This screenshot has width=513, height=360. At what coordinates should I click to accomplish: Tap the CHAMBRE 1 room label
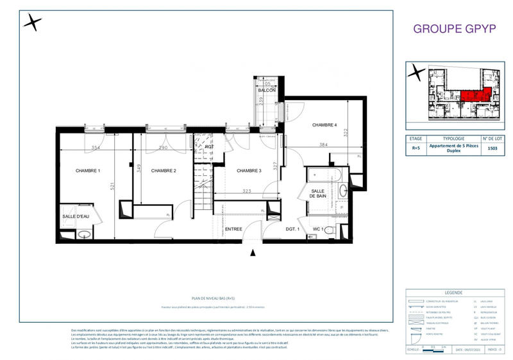point(88,170)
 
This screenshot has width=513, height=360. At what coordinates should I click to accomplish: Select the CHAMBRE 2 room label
point(164,170)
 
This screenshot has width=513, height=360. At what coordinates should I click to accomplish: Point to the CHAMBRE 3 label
point(249,170)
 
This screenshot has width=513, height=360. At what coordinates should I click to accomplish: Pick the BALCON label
point(267,90)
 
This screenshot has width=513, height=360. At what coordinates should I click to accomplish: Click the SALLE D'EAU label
point(76,216)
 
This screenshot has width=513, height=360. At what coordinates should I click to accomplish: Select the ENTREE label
point(233,229)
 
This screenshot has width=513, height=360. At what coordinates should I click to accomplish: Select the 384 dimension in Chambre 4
point(324,146)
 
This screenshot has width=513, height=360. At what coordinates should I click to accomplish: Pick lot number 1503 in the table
point(492,148)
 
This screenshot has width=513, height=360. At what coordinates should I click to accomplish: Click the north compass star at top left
point(33,22)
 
